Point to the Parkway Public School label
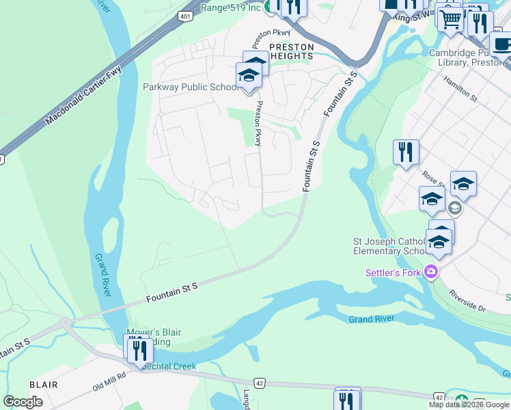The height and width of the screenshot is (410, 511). [191, 87]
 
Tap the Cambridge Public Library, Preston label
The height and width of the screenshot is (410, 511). [469, 58]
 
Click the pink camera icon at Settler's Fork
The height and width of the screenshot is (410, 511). [430, 272]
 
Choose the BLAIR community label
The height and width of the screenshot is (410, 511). [43, 385]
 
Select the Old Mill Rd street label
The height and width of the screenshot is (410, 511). [110, 382]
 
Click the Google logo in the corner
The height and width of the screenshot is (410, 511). [23, 402]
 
